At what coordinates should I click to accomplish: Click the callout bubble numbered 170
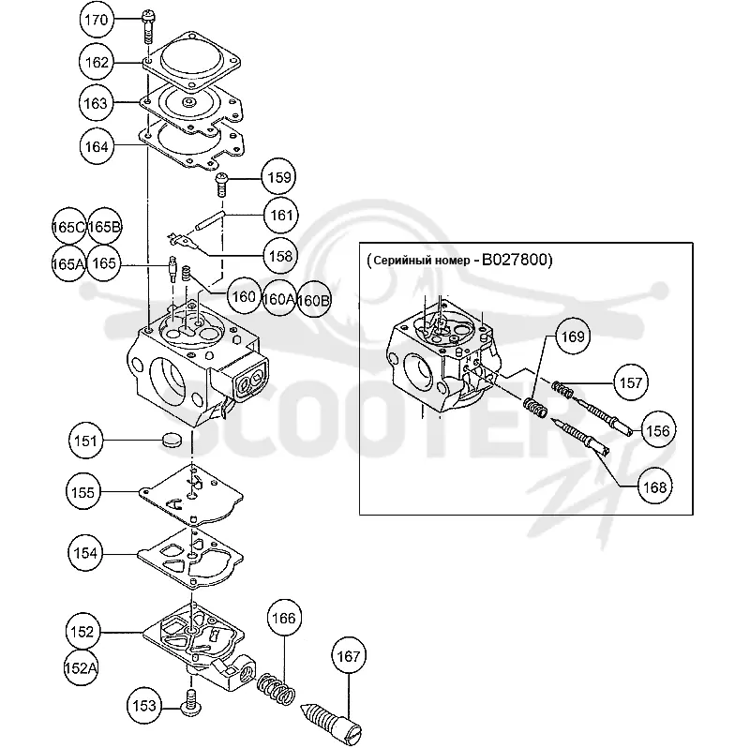[97, 20]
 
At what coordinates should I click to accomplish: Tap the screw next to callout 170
[148, 27]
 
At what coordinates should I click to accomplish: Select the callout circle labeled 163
[96, 103]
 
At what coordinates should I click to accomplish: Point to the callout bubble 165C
[68, 227]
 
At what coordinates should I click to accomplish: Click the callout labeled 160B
[314, 300]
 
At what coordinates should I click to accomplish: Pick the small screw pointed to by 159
[221, 184]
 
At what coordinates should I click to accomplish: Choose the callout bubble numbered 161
[281, 216]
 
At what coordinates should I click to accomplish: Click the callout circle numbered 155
[83, 492]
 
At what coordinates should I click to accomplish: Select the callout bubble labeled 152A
[82, 668]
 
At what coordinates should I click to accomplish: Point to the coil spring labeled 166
[277, 689]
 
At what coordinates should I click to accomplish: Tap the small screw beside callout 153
[191, 703]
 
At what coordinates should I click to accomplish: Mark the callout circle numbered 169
[573, 337]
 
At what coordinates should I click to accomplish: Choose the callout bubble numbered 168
[654, 487]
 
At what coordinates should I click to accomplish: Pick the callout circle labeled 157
[631, 382]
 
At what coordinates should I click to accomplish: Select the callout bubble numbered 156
[658, 430]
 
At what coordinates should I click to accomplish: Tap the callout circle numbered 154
[85, 553]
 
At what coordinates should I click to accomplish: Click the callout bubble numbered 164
[97, 146]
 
